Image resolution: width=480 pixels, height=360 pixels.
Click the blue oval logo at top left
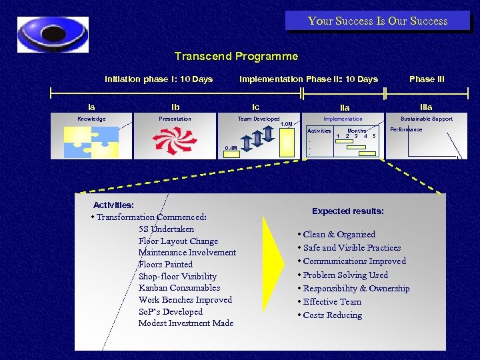[x=53, y=34]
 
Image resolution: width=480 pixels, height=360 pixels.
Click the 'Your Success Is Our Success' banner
[x=377, y=21]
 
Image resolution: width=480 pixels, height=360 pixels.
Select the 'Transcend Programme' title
[x=236, y=57]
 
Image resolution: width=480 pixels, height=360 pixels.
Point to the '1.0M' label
[x=286, y=125]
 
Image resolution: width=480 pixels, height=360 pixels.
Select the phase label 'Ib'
[x=175, y=107]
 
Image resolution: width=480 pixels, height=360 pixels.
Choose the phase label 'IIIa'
[x=426, y=107]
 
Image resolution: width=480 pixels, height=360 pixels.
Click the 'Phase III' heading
[x=427, y=79]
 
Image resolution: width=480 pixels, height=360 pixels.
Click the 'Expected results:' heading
[x=348, y=211]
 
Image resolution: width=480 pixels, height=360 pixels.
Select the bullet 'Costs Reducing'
[x=332, y=315]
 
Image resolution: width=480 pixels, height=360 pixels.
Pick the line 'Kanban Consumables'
[x=179, y=288]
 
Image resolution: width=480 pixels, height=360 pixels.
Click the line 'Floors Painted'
[x=165, y=265]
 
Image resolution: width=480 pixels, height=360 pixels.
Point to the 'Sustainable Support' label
[x=426, y=119]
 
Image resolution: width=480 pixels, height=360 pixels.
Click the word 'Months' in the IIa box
[x=357, y=131]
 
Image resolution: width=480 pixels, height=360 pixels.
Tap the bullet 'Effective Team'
[x=332, y=301]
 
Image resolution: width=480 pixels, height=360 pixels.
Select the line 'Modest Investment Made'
[x=185, y=323]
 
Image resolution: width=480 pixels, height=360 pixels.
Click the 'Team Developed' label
[x=259, y=119]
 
